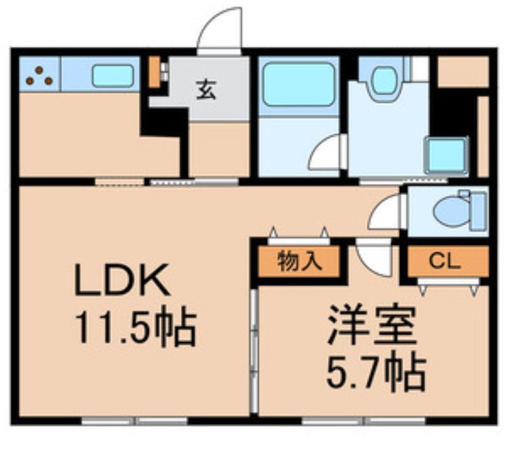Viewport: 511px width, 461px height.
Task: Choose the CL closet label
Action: (x=445, y=262)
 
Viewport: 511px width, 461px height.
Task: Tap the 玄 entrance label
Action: (x=205, y=91)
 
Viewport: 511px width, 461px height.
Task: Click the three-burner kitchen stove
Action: (x=39, y=75)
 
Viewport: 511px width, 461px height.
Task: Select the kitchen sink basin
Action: (x=112, y=76)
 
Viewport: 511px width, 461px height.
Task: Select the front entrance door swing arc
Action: (x=220, y=31)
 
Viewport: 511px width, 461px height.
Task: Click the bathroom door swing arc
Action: (x=327, y=154)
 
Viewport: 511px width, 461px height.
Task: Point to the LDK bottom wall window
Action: (x=134, y=420)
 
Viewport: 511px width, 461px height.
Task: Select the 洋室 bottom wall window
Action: (x=364, y=420)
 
